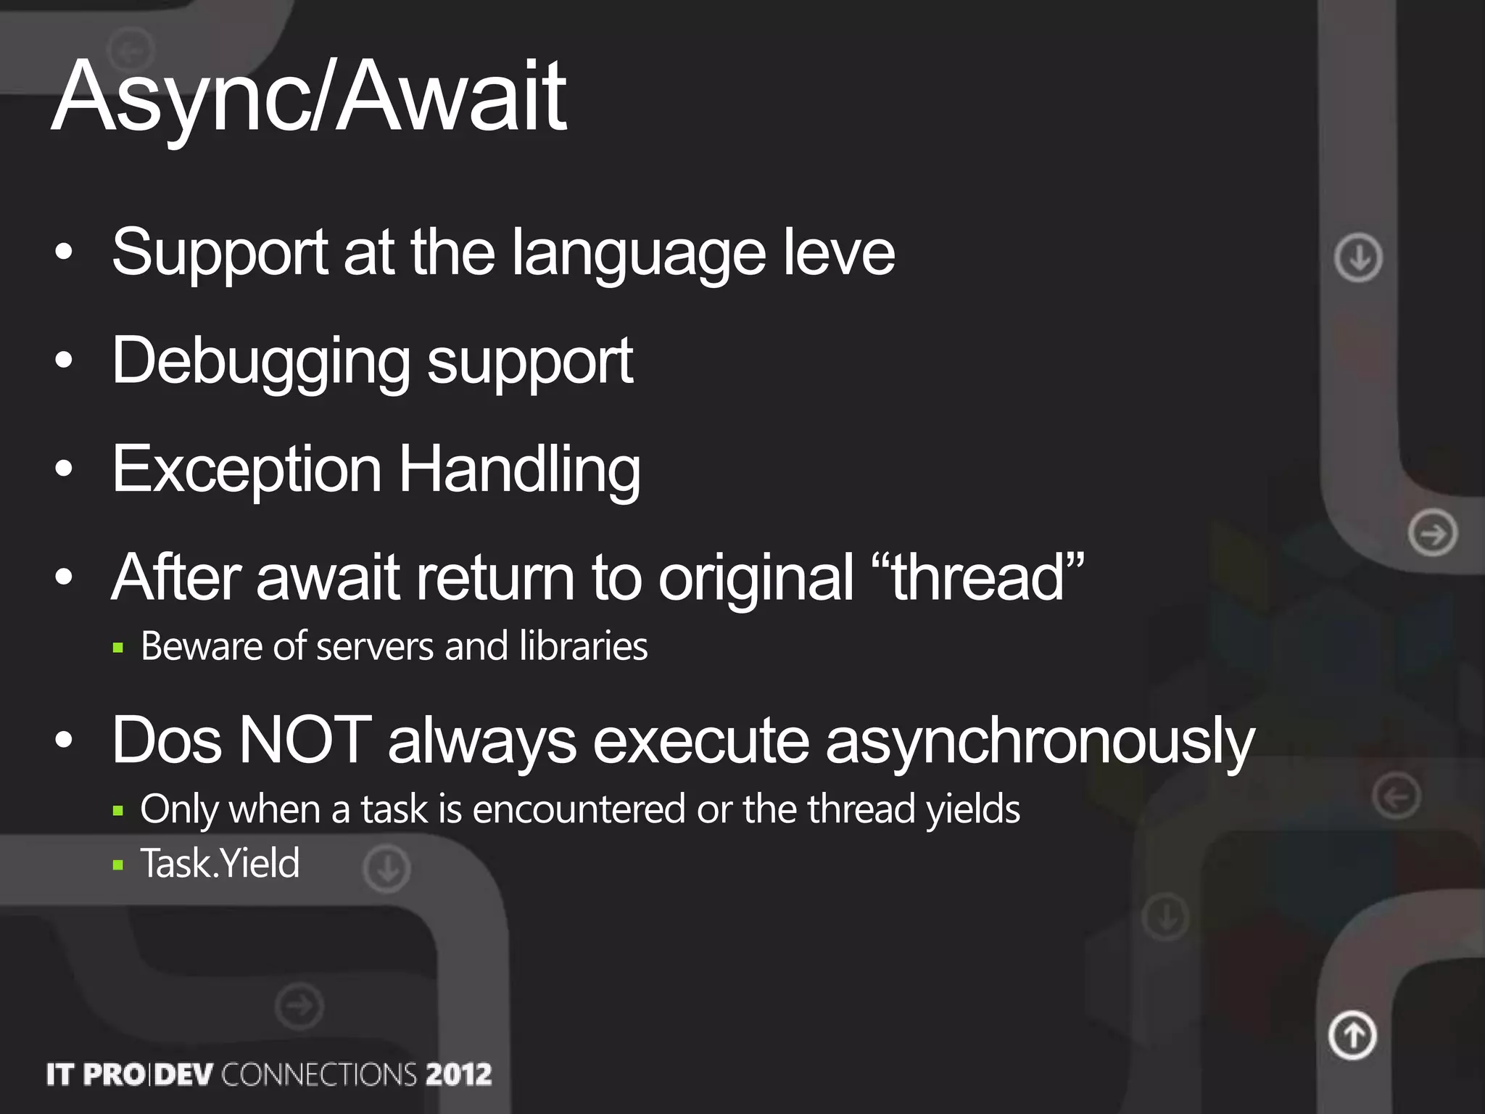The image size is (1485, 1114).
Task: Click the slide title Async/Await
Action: [308, 98]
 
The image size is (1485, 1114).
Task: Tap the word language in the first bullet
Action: [638, 254]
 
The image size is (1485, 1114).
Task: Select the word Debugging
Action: [261, 361]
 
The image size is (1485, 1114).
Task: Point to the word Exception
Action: [247, 470]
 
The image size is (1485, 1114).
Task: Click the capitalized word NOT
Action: [305, 740]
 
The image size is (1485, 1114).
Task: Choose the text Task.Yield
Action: [220, 863]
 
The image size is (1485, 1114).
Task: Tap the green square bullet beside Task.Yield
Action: [119, 865]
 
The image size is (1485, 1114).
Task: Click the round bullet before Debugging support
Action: [65, 360]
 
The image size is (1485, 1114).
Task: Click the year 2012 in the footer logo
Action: [458, 1074]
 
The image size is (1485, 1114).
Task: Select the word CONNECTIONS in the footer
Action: [319, 1074]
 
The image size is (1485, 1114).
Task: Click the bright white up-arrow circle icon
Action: [1352, 1035]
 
